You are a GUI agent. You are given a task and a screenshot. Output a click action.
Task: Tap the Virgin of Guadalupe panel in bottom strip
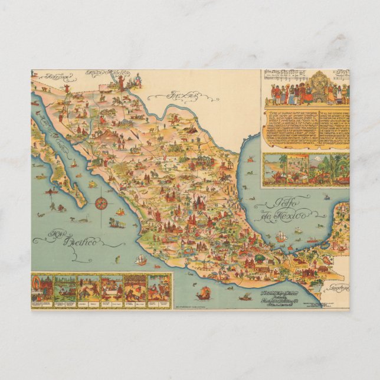pos(42,287)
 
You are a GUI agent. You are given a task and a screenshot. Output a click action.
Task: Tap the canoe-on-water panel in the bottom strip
pos(65,287)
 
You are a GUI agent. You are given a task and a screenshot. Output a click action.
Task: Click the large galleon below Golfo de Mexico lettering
pos(281,236)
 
